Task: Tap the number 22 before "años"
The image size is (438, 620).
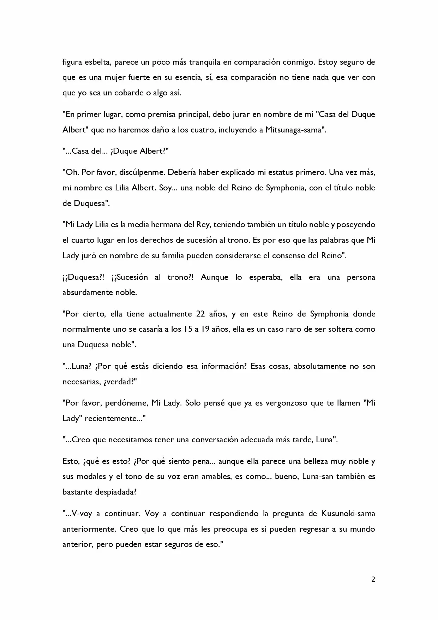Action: (199, 314)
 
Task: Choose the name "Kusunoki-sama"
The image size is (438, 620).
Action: (348, 513)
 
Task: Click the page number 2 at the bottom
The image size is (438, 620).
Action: (373, 579)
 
